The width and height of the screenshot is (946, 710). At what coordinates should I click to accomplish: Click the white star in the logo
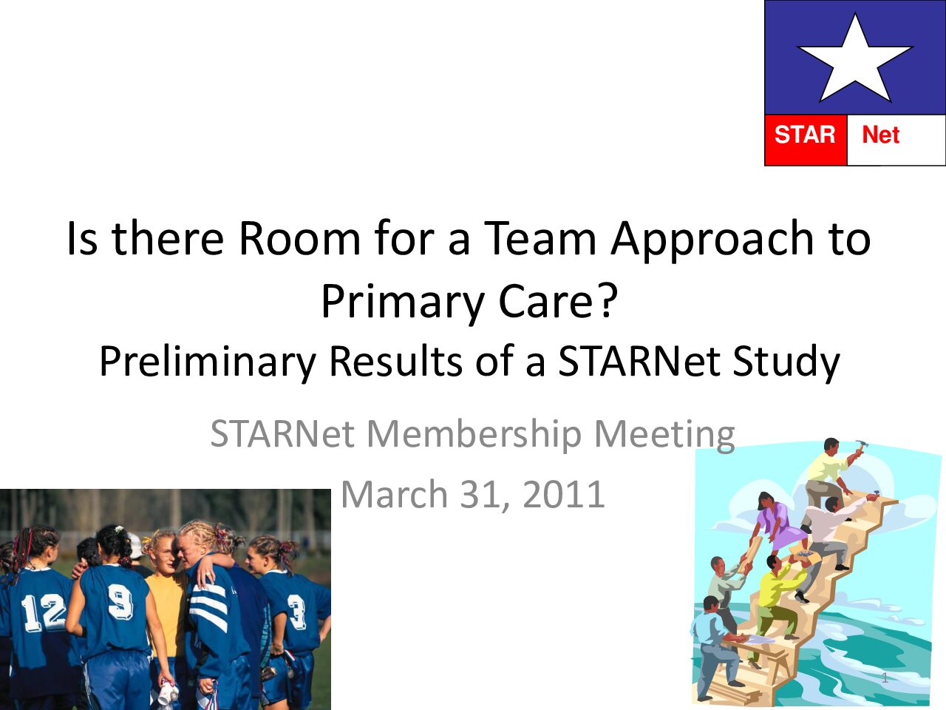point(854,61)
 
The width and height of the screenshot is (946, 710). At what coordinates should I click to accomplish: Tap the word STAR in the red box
point(805,135)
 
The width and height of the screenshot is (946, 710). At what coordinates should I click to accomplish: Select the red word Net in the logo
point(880,135)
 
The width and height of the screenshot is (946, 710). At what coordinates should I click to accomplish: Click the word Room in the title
point(299,238)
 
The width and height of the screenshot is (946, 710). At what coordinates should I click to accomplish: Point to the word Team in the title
point(540,238)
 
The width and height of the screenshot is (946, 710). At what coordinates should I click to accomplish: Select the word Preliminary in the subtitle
point(208,362)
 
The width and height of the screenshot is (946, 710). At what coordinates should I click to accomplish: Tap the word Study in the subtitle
point(786,362)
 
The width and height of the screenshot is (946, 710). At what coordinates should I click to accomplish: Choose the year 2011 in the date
point(564,495)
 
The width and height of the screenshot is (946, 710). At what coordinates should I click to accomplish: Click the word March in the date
point(394,495)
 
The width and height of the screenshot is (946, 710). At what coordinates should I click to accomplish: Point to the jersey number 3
point(296,611)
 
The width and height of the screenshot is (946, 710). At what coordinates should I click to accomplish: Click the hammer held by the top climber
point(861,446)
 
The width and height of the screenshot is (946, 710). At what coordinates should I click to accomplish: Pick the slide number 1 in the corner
point(885,677)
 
